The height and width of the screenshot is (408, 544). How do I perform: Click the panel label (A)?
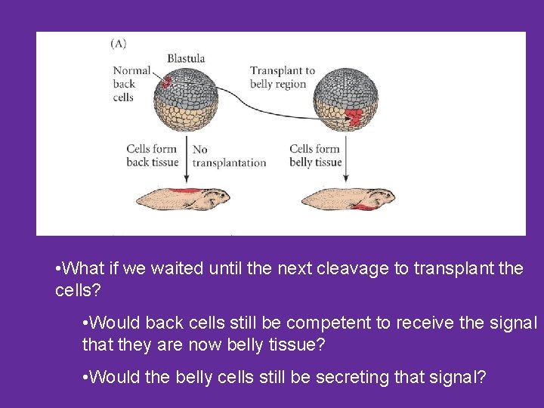pos(119,43)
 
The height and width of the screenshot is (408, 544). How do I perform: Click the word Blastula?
pos(186,58)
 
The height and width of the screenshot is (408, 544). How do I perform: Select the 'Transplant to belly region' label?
pos(282,78)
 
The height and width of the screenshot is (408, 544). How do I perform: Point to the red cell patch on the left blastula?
pos(166,79)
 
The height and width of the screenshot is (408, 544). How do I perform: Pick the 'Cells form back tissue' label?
pos(152,156)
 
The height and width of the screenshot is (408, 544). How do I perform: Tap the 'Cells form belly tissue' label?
pos(316,156)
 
